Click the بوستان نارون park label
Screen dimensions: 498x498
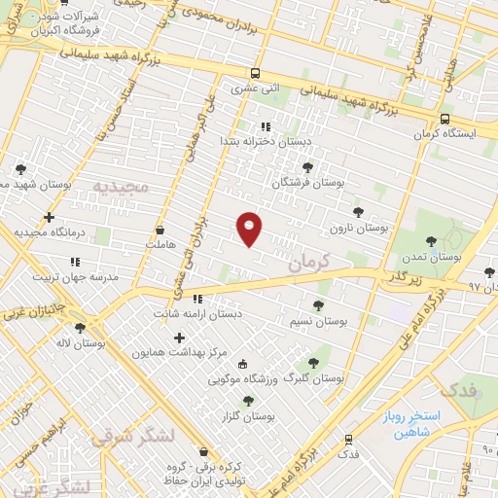[358, 227]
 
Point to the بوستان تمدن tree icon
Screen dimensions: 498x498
[431, 240]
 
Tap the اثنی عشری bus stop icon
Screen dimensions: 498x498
[255, 74]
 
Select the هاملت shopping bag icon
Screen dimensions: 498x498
[160, 231]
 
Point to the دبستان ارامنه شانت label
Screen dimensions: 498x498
[197, 313]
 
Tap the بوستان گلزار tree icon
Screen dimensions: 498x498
[247, 400]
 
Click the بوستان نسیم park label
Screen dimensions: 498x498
[318, 320]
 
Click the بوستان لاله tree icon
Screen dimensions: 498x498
[80, 328]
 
